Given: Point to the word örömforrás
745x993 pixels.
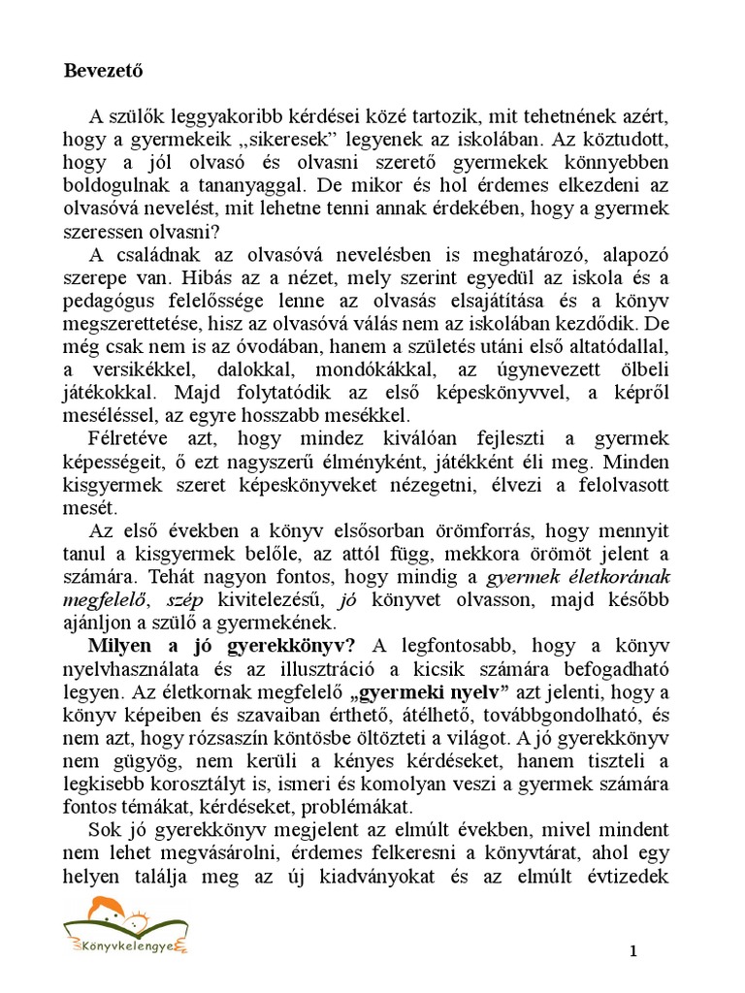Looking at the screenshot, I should (481, 531).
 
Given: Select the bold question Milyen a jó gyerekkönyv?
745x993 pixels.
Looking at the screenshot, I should (221, 647).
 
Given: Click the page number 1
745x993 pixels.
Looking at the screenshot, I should (633, 951).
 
